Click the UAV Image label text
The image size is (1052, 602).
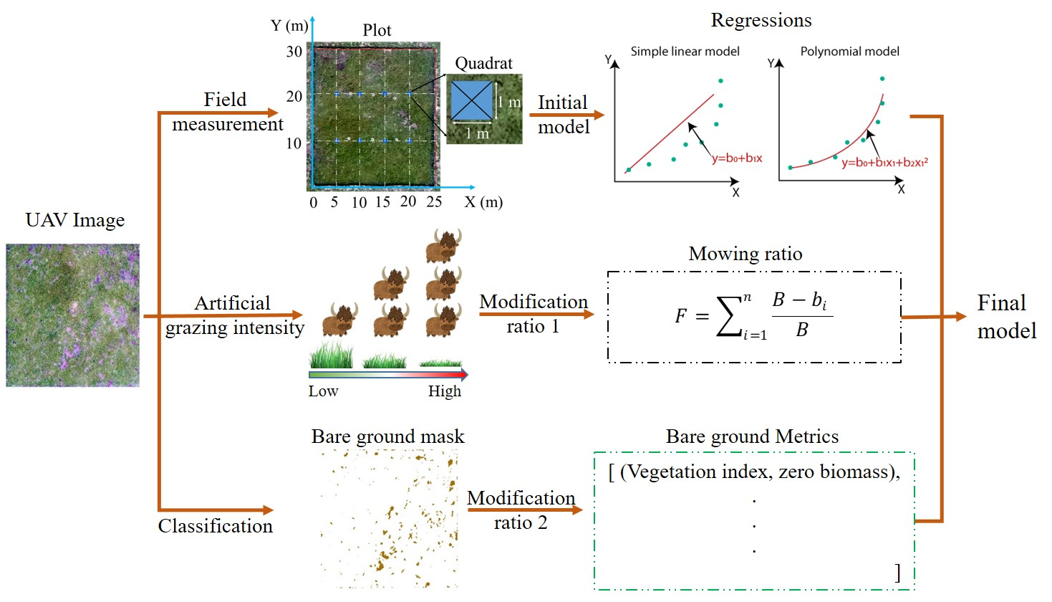point(75,220)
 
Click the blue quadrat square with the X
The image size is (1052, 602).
point(471,101)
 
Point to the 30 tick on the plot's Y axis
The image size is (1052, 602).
point(294,52)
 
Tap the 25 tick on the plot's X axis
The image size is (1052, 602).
point(434,202)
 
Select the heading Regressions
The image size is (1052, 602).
point(761,20)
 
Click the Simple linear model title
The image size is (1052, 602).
point(685,52)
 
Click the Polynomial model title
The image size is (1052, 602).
point(849,52)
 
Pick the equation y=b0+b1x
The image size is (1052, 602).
point(736,158)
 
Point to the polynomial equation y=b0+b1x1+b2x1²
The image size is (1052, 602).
point(884,163)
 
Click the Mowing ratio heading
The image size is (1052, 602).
point(745,254)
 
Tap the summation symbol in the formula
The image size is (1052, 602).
point(729,317)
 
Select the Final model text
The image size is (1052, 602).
point(1005,317)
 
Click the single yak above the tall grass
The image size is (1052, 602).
point(339,319)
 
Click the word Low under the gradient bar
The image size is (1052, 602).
point(323,391)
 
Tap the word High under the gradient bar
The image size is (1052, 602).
point(445,391)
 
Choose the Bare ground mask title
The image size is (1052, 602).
point(387,436)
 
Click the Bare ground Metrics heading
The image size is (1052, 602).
point(752,436)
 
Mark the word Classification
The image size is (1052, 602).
point(215,526)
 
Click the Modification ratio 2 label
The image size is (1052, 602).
point(521,510)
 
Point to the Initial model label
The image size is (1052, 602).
point(563,115)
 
